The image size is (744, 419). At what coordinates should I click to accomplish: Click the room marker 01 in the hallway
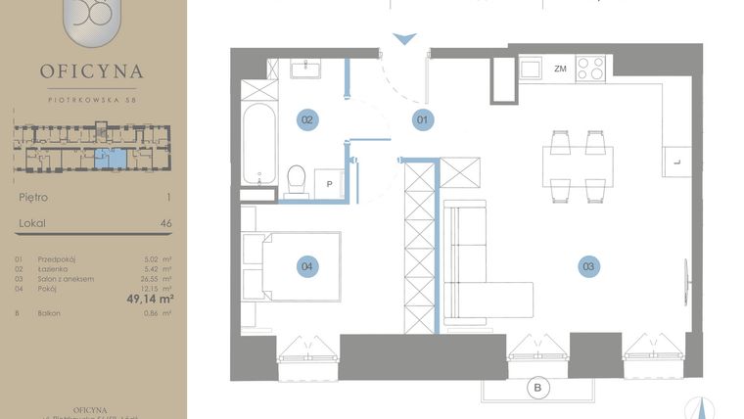click(423, 120)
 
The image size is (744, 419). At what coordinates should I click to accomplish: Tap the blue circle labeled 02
click(307, 120)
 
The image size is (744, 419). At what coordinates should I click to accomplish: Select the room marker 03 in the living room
click(588, 265)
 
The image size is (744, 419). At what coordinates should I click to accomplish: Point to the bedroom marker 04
click(307, 265)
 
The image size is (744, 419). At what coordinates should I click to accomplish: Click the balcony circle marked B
click(537, 389)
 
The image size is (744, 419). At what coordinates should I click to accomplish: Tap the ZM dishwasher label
click(560, 69)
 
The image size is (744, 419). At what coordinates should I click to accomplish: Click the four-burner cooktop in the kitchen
click(590, 69)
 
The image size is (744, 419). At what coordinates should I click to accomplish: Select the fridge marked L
click(676, 159)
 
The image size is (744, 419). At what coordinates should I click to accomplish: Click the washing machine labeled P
click(329, 184)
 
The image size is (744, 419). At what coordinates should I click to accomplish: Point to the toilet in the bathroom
click(297, 178)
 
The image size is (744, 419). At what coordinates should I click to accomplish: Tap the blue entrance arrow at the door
click(403, 40)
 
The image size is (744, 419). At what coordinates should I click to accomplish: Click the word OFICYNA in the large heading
click(92, 71)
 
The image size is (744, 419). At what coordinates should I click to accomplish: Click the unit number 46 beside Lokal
click(165, 224)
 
